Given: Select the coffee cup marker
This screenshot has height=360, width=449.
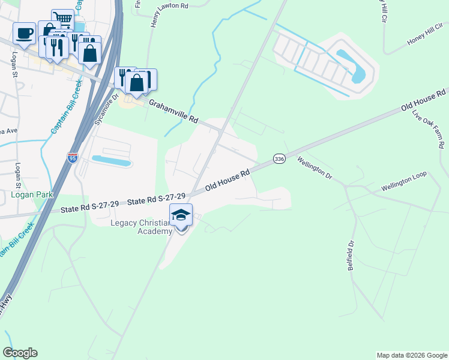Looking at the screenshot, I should point(24,34).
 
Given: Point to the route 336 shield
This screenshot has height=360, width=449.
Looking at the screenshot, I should point(279,158).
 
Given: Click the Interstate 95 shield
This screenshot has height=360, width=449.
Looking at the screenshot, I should point(72,158).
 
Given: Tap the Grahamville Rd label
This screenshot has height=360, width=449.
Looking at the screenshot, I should point(173,112).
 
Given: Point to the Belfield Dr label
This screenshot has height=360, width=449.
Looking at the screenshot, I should point(351,255).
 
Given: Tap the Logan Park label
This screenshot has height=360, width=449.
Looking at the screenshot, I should point(32,194).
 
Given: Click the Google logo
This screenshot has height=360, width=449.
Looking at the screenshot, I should point(20,353).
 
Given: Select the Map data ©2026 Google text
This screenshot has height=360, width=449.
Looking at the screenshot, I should point(412,355).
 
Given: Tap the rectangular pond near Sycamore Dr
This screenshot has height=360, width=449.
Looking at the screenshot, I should point(111,160).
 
